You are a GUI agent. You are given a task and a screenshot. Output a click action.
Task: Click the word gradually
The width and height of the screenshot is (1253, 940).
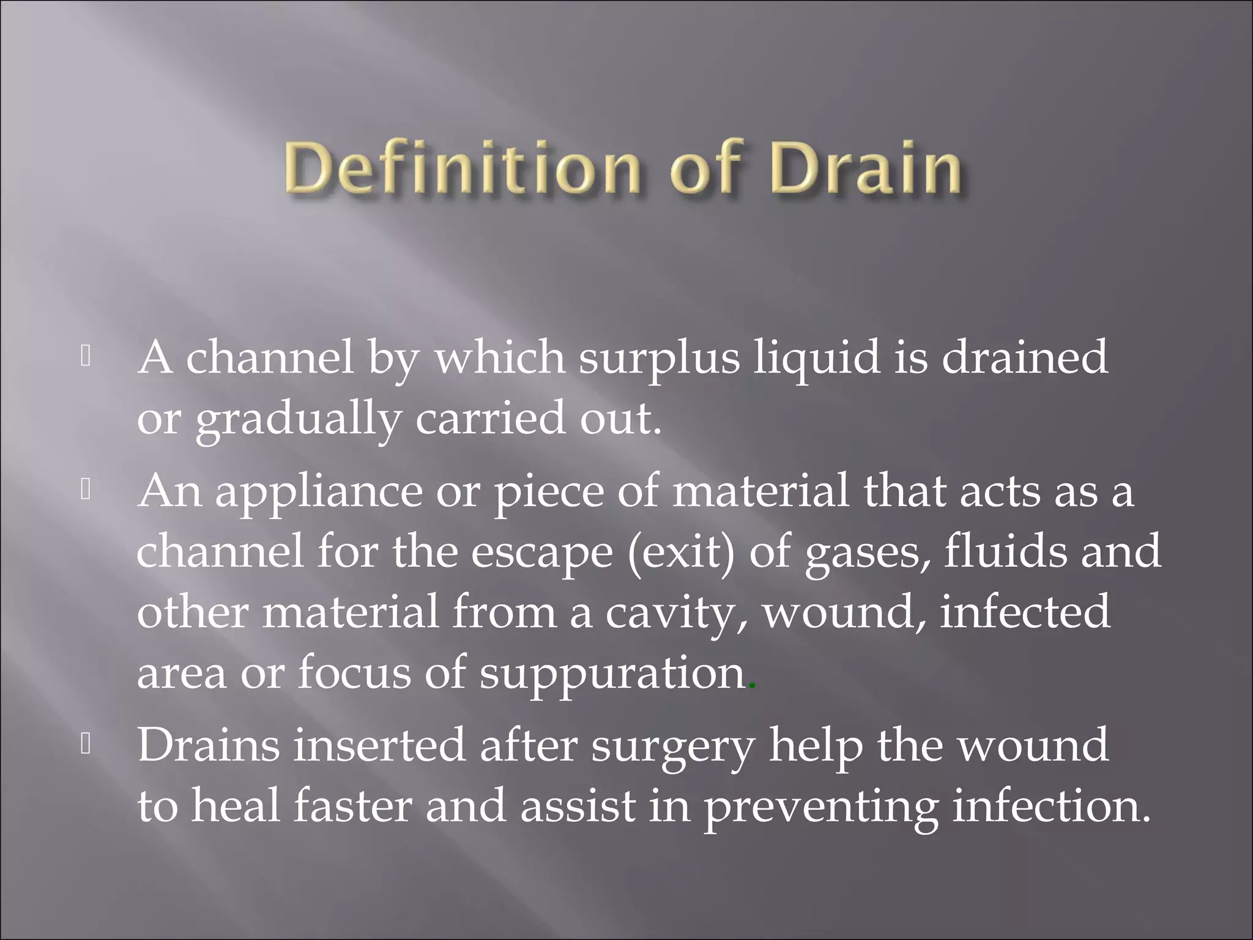tap(299, 420)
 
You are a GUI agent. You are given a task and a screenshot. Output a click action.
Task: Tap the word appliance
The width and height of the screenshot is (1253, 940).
tap(319, 493)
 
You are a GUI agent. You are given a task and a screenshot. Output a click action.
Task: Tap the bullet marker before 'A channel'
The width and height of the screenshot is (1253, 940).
tap(86, 357)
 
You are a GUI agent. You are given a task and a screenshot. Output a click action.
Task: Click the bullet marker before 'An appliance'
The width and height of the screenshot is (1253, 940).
tap(86, 490)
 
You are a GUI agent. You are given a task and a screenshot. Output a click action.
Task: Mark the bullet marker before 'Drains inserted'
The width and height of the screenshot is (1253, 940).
tap(86, 744)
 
